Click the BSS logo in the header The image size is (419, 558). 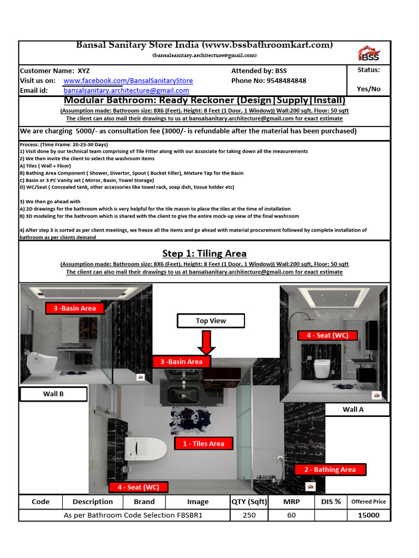pyautogui.click(x=368, y=53)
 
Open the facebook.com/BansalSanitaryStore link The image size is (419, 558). pyautogui.click(x=128, y=81)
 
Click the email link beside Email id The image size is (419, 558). pyautogui.click(x=127, y=90)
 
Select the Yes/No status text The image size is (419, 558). pyautogui.click(x=368, y=89)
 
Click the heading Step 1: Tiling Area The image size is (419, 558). pyautogui.click(x=204, y=253)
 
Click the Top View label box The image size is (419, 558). pyautogui.click(x=211, y=321)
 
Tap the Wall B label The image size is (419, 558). pyautogui.click(x=53, y=393)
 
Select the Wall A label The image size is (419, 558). pyautogui.click(x=353, y=409)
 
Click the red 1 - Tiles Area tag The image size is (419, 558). pyautogui.click(x=203, y=444)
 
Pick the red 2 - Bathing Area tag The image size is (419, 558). pyautogui.click(x=330, y=469)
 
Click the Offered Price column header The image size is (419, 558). pyautogui.click(x=368, y=501)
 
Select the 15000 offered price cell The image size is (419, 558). pyautogui.click(x=368, y=515)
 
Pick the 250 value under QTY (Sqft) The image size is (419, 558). pyautogui.click(x=249, y=515)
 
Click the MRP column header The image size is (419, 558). pyautogui.click(x=291, y=501)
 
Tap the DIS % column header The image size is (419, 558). pyautogui.click(x=330, y=501)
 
